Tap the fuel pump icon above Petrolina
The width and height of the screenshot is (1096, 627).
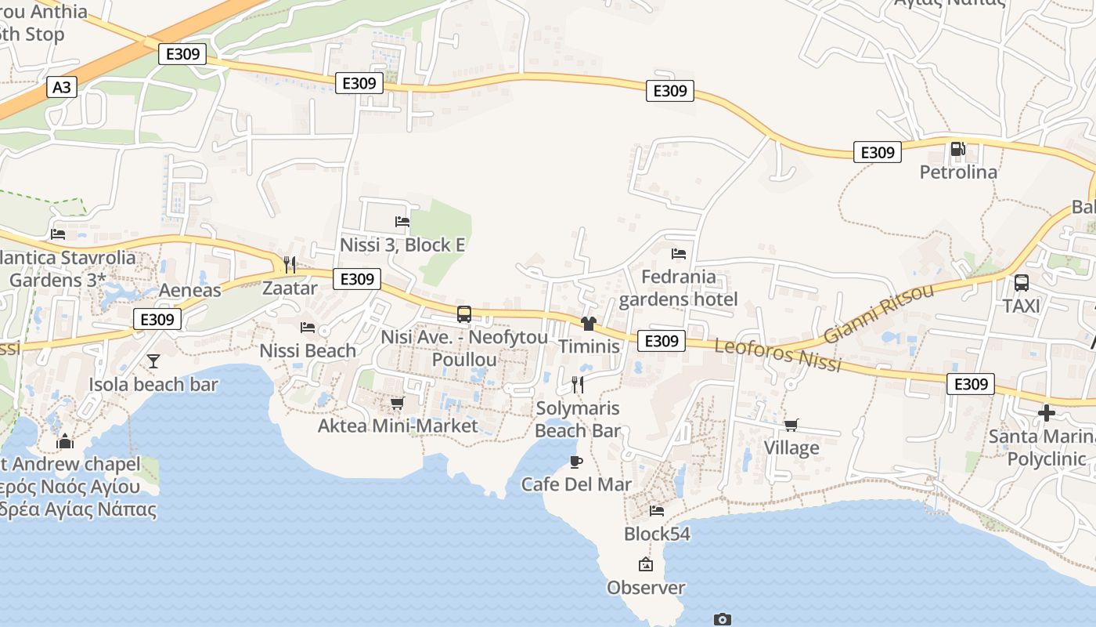coord(957,149)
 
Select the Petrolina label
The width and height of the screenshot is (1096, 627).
coord(958,172)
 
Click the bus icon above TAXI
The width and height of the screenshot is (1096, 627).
coord(1022,283)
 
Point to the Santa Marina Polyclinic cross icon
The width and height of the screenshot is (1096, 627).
coord(1047,412)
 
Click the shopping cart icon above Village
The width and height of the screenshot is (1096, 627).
coord(791,425)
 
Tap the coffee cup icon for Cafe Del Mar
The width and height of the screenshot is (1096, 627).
coord(576,462)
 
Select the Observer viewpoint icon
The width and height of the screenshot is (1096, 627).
coord(646,564)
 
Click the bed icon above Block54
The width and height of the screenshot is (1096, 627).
coord(657,511)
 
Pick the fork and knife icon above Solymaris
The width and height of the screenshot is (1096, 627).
coord(578,384)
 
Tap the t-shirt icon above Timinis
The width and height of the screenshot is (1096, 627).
coord(589,323)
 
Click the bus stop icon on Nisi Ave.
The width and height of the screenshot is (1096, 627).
coord(464,314)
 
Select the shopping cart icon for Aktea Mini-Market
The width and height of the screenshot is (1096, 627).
coord(397,403)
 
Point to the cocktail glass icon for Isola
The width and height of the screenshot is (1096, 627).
coord(153,361)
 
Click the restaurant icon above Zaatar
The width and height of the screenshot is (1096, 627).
coord(290,264)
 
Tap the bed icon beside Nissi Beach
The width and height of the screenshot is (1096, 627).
coord(308,327)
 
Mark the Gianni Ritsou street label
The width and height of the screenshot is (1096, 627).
coord(878,313)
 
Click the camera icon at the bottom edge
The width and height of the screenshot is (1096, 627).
coord(722,619)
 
